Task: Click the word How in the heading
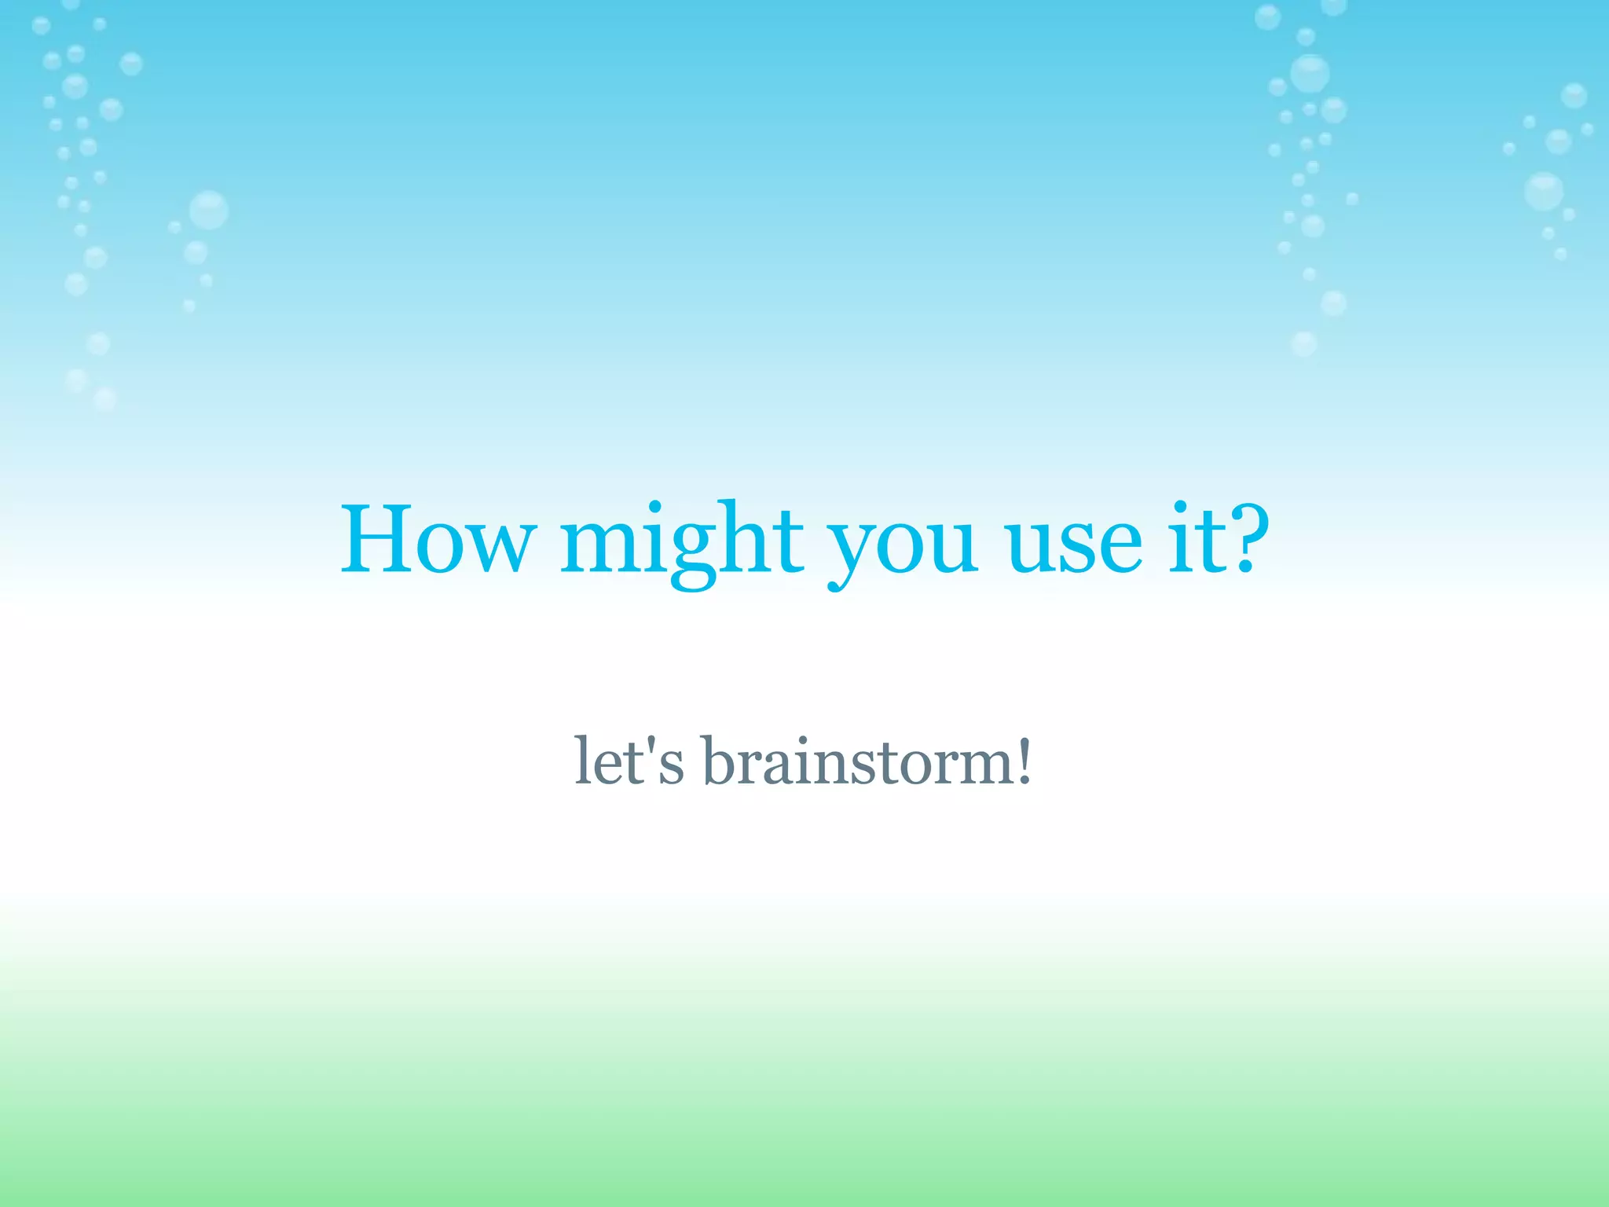[437, 541]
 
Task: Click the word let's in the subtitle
[629, 761]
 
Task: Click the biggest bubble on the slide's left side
[208, 210]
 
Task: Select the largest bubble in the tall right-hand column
[1310, 73]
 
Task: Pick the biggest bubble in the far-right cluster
[1544, 191]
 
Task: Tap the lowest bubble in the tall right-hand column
[1304, 343]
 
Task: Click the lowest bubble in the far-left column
[104, 399]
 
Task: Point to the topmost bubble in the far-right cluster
[1574, 96]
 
